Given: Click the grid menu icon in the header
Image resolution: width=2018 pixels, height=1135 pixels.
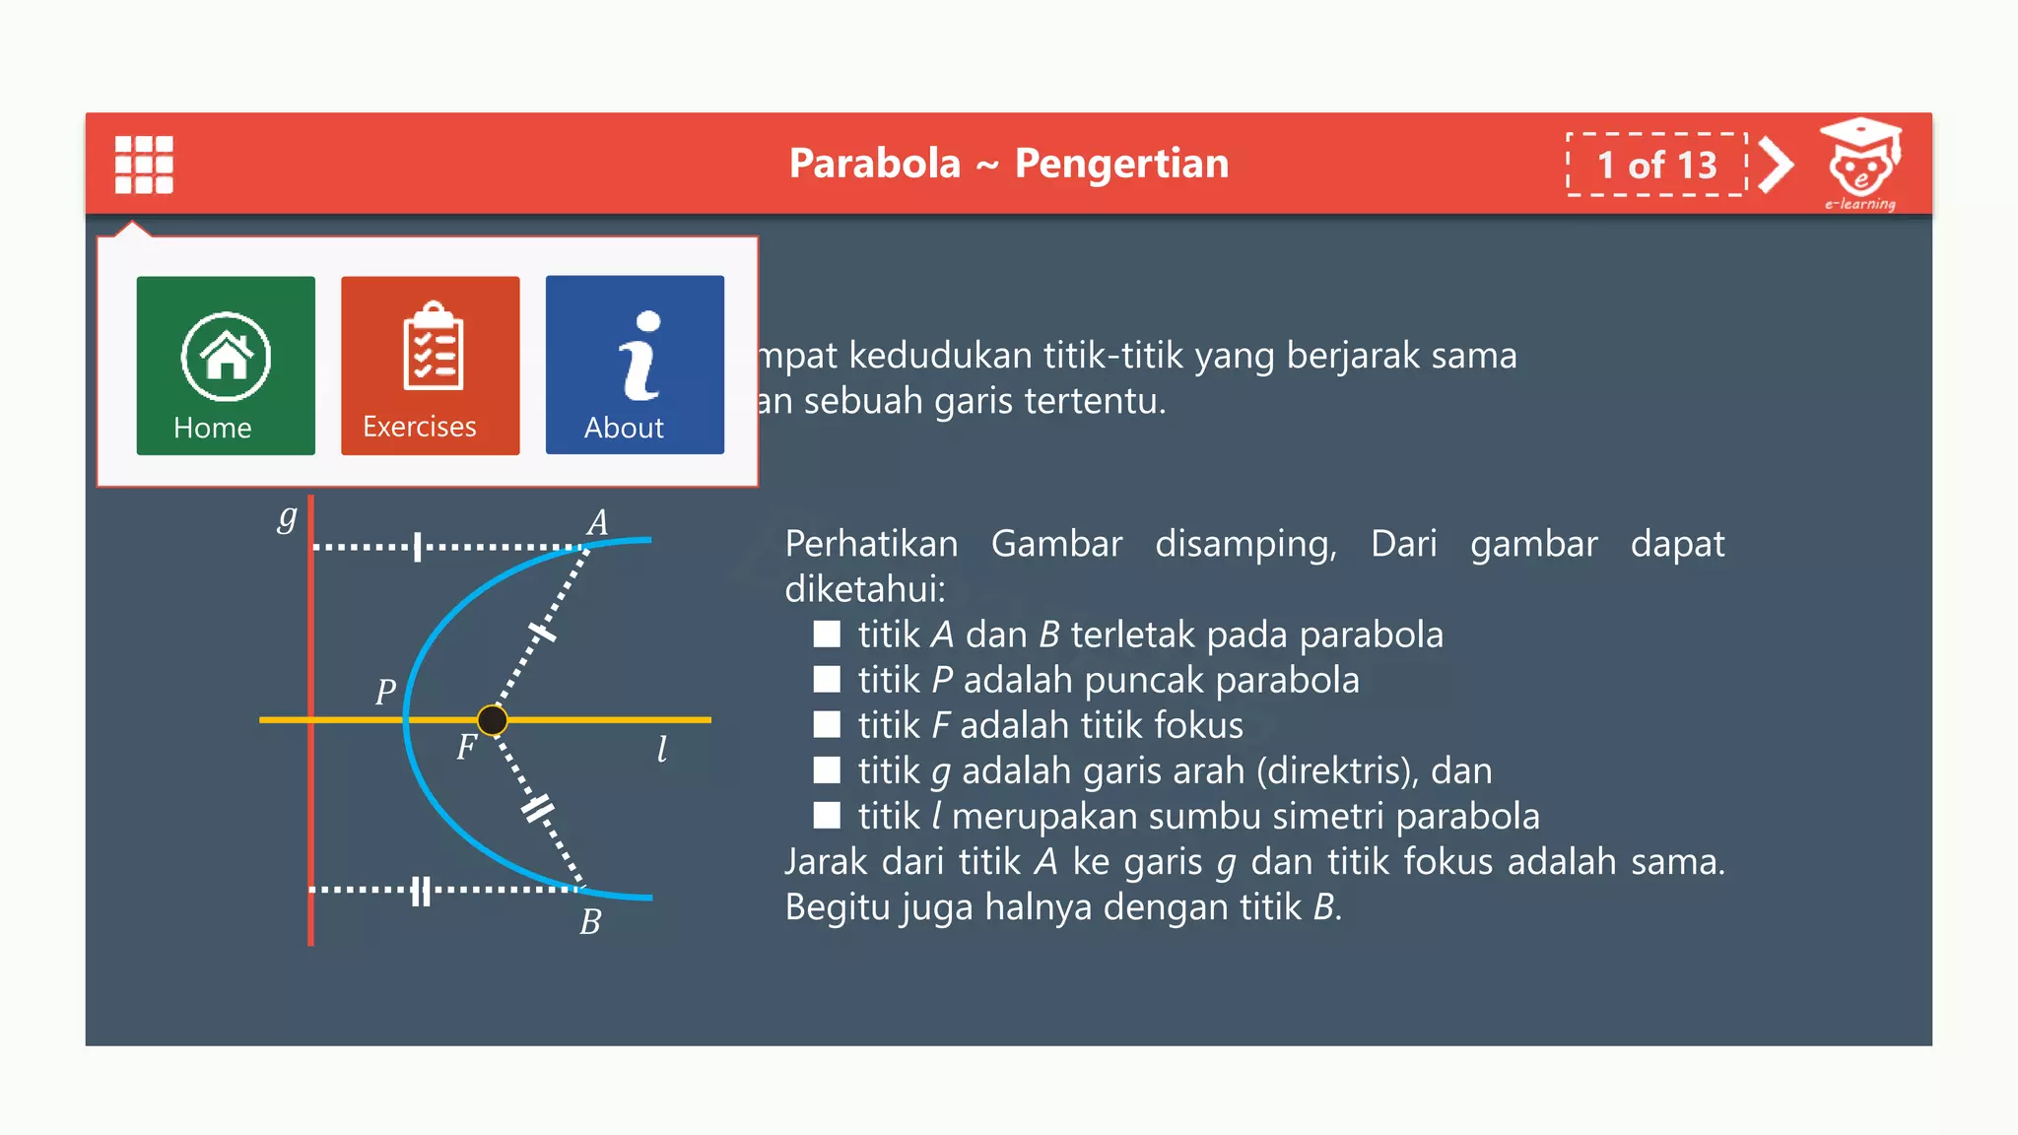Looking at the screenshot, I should click(144, 165).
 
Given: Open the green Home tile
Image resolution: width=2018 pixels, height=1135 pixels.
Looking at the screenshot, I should click(226, 366).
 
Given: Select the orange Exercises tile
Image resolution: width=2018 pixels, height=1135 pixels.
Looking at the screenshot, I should click(430, 366).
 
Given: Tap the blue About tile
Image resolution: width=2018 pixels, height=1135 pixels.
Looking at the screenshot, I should click(635, 365).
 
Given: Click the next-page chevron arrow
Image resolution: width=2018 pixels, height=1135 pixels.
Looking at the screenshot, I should click(1776, 165).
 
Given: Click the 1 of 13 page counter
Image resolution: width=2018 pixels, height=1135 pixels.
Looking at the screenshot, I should click(1656, 165).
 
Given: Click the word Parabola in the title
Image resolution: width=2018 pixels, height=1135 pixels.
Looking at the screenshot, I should click(874, 164).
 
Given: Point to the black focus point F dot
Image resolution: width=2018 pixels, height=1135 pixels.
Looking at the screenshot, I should click(493, 720).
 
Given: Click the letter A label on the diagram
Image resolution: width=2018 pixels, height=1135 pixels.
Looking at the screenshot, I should click(597, 522).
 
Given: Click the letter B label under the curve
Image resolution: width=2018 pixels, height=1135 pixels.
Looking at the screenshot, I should click(590, 922).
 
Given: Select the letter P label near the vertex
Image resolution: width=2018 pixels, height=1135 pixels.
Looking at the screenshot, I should click(385, 692).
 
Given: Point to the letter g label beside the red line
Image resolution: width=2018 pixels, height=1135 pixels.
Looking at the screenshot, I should click(287, 516).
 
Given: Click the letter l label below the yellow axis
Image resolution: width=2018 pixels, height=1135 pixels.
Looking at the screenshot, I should click(662, 749).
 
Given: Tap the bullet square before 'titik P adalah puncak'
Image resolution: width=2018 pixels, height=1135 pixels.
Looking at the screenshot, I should click(827, 680).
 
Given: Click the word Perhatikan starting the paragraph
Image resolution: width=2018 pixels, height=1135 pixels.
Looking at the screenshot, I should click(871, 544).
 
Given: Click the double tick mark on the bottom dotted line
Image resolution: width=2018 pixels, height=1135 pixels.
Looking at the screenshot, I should click(421, 891).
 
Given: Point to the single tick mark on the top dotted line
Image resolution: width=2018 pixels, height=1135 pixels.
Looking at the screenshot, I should click(418, 547).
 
